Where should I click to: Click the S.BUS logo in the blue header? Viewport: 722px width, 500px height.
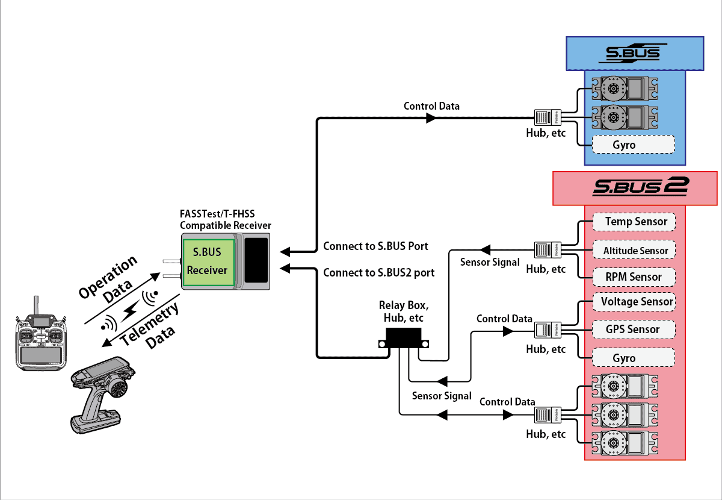pos(632,53)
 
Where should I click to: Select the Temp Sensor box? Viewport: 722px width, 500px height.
pos(634,222)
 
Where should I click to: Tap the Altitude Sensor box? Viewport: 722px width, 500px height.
pos(634,250)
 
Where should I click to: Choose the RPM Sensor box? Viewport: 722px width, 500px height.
pos(634,277)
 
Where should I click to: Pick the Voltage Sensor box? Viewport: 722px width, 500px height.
pos(634,301)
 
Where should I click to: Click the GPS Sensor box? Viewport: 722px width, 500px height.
pos(634,329)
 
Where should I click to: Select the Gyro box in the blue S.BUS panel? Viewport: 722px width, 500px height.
pos(633,145)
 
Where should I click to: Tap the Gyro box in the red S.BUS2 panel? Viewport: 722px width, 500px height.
pos(633,358)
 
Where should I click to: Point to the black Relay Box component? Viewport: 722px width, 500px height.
pos(404,339)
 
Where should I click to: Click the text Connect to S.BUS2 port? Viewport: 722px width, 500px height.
pos(378,272)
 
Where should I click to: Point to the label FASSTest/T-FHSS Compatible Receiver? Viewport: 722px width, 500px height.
pos(226,219)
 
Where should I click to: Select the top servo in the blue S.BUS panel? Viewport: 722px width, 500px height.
pos(617,89)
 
